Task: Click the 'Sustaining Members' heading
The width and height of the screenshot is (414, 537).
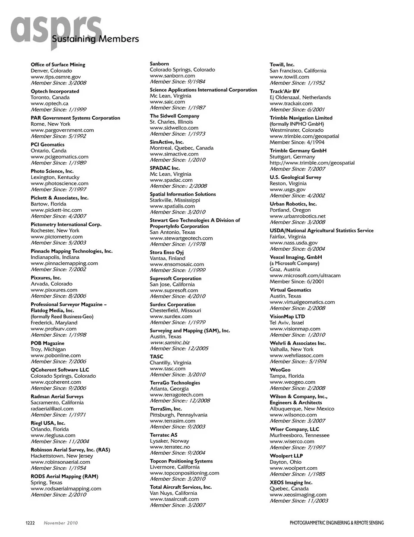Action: click(x=95, y=39)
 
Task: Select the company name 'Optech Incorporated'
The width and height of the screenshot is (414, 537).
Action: click(x=55, y=91)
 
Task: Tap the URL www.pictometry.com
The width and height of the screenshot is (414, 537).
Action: click(x=56, y=236)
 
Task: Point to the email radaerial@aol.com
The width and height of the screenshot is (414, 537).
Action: click(x=52, y=409)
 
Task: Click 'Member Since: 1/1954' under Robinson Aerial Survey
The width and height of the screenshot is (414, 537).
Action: click(x=58, y=468)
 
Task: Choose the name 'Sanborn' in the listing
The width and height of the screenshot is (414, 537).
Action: click(x=159, y=64)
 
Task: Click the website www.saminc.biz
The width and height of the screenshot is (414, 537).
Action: click(x=169, y=342)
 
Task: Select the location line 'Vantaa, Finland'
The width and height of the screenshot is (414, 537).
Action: click(x=167, y=258)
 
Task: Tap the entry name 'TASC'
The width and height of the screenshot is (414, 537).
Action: click(x=157, y=357)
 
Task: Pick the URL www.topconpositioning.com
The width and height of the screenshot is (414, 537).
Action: click(x=184, y=473)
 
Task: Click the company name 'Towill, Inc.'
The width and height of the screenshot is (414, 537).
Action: click(x=282, y=65)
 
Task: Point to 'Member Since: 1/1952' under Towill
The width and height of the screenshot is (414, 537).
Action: click(x=297, y=83)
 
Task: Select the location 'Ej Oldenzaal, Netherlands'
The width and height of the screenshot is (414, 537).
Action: click(x=300, y=97)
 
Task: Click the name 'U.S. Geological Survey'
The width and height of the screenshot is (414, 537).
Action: click(x=295, y=177)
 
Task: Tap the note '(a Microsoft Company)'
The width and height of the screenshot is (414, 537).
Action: click(x=295, y=263)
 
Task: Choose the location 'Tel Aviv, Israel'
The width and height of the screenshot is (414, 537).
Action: click(x=287, y=323)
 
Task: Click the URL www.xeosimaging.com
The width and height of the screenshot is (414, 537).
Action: click(x=298, y=495)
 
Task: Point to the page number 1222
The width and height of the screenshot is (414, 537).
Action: click(x=30, y=523)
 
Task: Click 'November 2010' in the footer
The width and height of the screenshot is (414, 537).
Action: click(x=61, y=523)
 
